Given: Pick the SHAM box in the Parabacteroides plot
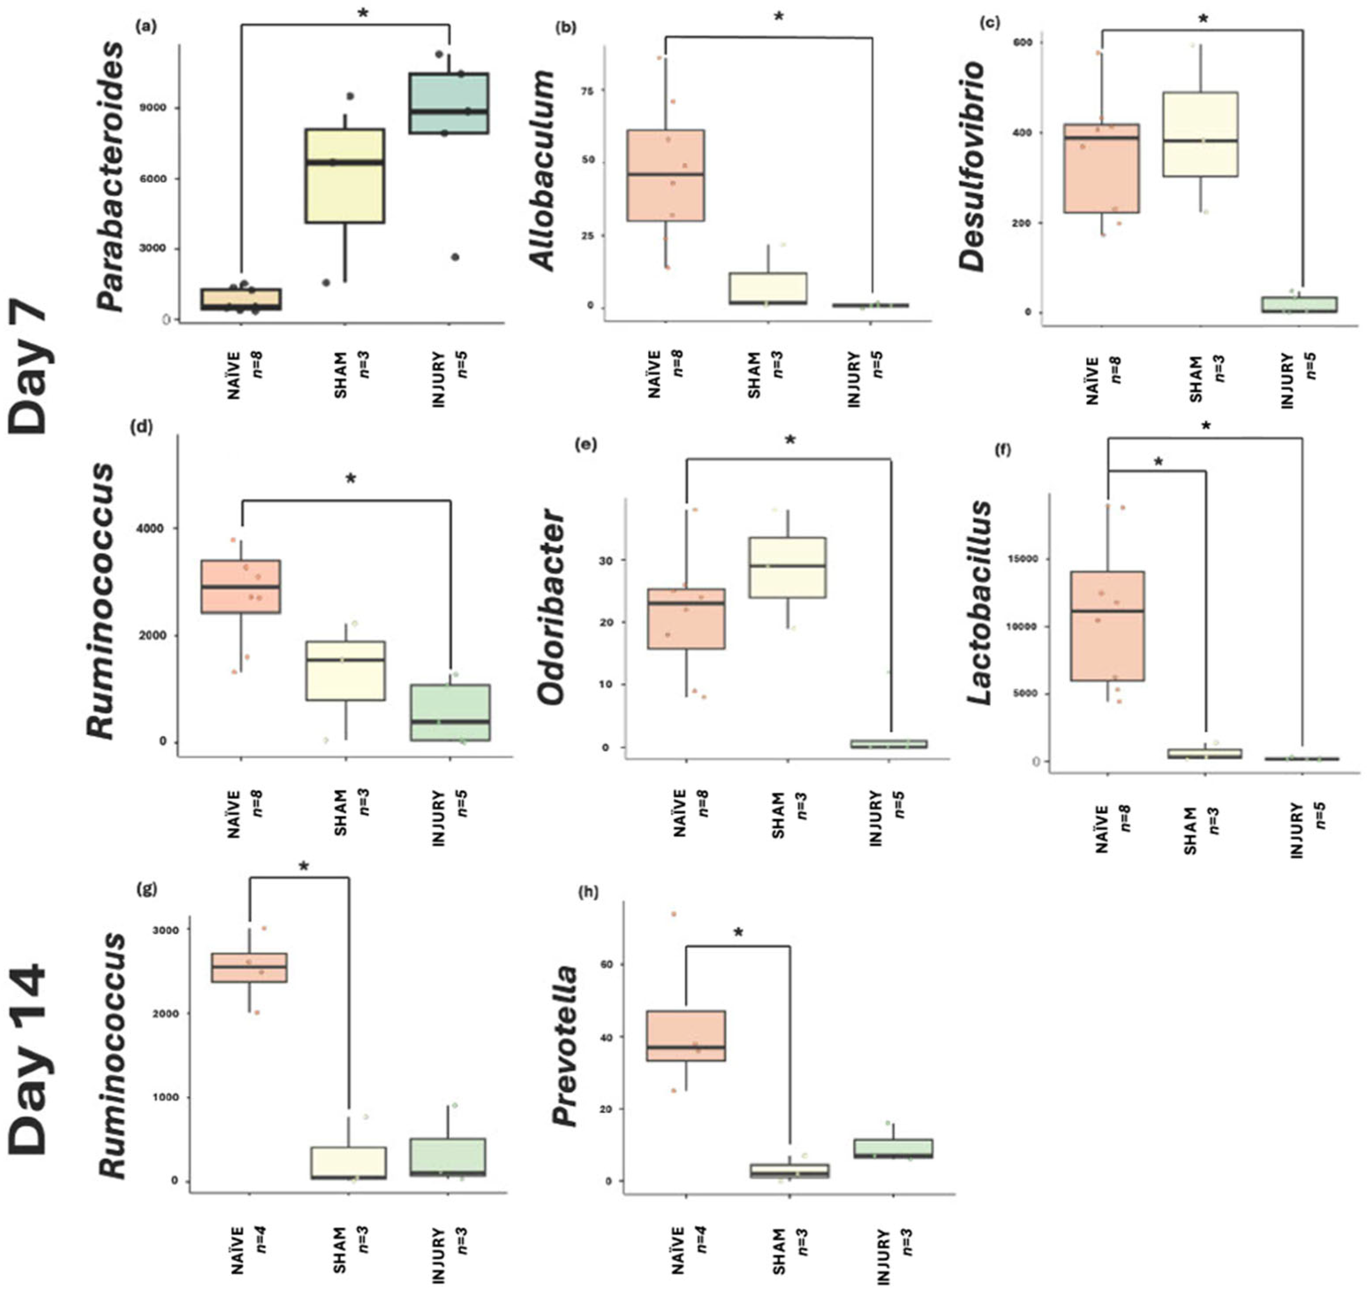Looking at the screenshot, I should (345, 176).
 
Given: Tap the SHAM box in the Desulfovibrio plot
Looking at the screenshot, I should (1201, 134).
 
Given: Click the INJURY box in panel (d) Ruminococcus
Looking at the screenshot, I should (451, 712).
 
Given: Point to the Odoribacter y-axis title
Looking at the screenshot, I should (552, 607).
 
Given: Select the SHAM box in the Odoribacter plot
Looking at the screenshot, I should (787, 566).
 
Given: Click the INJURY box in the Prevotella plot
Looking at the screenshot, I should (892, 1148).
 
